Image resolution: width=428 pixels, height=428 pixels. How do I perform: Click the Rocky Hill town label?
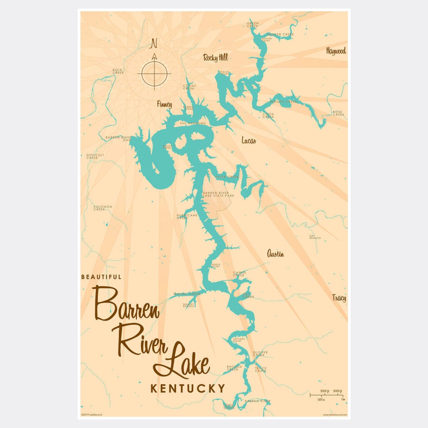(x=215, y=58)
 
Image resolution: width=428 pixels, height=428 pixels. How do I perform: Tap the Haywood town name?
(x=336, y=51)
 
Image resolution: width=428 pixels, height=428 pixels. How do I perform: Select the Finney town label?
(x=164, y=104)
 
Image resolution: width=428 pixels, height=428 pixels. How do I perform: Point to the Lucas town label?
(x=249, y=140)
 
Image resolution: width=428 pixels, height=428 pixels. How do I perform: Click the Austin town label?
(x=275, y=254)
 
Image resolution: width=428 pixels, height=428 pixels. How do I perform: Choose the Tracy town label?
(x=339, y=298)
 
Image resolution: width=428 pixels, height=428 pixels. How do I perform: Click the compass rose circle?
(x=154, y=74)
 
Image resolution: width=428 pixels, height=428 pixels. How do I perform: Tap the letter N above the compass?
(x=154, y=44)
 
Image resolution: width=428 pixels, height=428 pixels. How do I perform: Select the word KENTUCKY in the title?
(x=188, y=388)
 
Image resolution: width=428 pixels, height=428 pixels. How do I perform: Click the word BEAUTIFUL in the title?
(x=101, y=277)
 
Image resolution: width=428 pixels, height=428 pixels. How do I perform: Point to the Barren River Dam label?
(x=118, y=139)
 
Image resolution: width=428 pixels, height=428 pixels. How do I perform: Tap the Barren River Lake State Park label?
(x=218, y=194)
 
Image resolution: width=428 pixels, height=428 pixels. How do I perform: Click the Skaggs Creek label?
(x=283, y=102)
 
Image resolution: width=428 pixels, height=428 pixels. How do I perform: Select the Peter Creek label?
(x=227, y=177)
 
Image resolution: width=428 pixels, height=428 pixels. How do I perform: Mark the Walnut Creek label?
(x=187, y=294)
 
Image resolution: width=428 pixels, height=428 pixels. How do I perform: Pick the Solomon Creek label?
(x=103, y=208)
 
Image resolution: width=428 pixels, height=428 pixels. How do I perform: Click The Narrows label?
(x=193, y=123)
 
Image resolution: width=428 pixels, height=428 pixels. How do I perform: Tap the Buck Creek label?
(x=118, y=71)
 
